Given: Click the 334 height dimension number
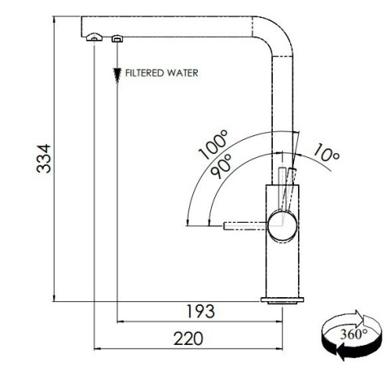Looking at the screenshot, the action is pyautogui.click(x=44, y=159).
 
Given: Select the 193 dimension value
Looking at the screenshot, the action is pyautogui.click(x=201, y=311).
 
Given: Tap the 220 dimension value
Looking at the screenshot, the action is pyautogui.click(x=188, y=339).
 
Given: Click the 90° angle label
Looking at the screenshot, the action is pyautogui.click(x=221, y=166).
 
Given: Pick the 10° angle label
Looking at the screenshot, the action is pyautogui.click(x=326, y=152).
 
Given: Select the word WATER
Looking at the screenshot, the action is pyautogui.click(x=182, y=73).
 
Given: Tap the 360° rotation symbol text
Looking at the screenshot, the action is pyautogui.click(x=353, y=334).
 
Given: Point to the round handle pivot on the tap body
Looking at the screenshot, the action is pyautogui.click(x=282, y=226).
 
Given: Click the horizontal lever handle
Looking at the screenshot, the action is pyautogui.click(x=245, y=226).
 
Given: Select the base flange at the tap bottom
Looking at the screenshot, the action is pyautogui.click(x=282, y=300).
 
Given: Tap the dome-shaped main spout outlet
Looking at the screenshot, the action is pyautogui.click(x=94, y=37).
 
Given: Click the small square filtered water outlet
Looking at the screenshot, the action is pyautogui.click(x=117, y=38).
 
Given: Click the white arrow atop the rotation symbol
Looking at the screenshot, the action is pyautogui.click(x=346, y=319).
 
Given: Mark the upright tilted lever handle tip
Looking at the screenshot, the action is pyautogui.click(x=292, y=170).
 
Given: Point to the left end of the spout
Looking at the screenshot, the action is pyautogui.click(x=81, y=27).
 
